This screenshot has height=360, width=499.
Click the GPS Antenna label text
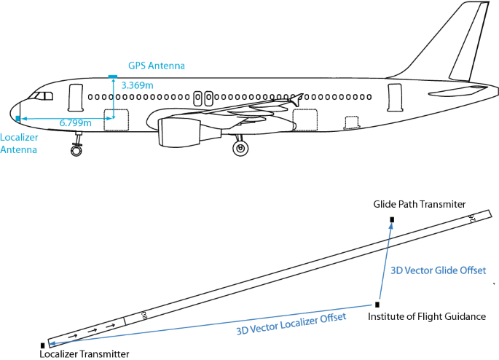click(x=157, y=66)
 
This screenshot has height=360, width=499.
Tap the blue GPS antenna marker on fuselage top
click(x=113, y=75)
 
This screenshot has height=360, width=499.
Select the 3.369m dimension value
click(x=137, y=85)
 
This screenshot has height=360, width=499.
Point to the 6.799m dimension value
click(x=75, y=123)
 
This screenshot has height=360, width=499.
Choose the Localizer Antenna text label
click(x=19, y=144)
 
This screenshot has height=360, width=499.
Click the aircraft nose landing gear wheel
click(x=76, y=151)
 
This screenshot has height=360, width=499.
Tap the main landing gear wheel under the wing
click(x=240, y=149)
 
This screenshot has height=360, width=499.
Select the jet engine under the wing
click(x=178, y=131)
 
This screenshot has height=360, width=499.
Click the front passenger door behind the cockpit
click(x=75, y=98)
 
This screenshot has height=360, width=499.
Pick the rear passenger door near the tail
click(x=394, y=97)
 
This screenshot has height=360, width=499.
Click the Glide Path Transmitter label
click(x=419, y=205)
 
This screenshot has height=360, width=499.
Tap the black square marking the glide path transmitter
click(x=392, y=219)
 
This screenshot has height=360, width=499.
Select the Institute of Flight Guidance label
click(x=426, y=317)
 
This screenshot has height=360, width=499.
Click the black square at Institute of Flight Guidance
click(x=377, y=304)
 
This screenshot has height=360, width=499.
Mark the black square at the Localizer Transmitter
click(x=43, y=345)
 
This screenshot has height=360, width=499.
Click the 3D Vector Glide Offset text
click(x=438, y=270)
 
